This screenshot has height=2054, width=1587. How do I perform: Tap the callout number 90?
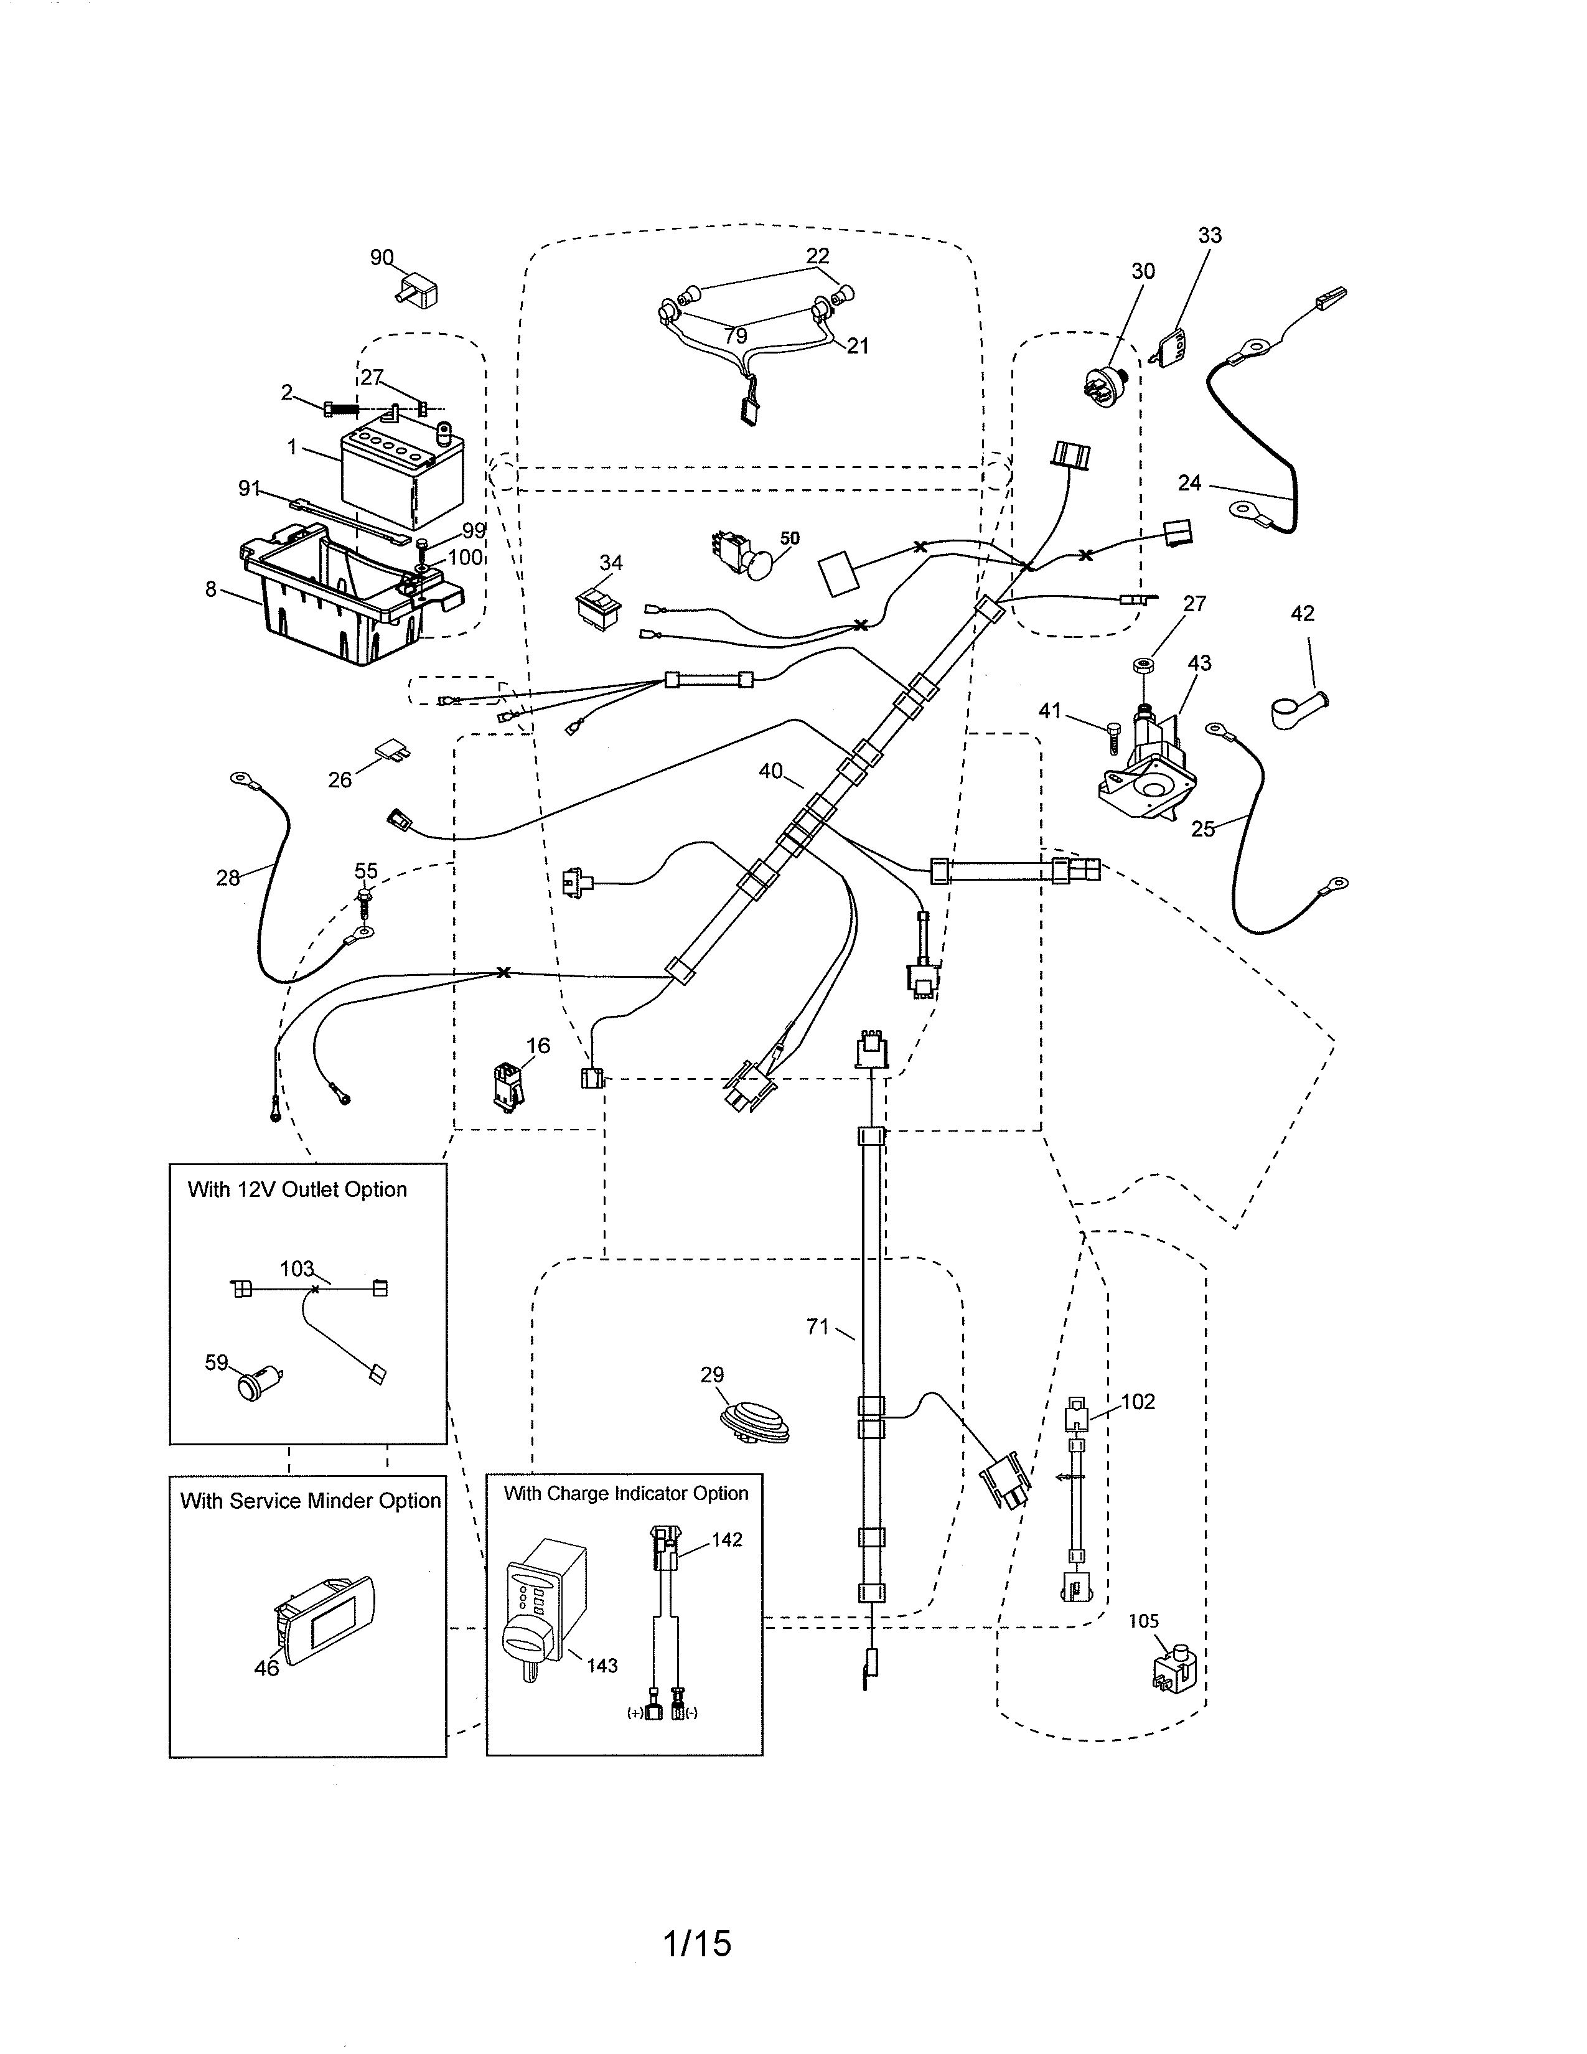coord(381,258)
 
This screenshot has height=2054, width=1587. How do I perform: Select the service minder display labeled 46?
coord(324,1620)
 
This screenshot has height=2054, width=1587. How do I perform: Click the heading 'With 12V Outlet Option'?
coord(297,1189)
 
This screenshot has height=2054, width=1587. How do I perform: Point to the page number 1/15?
coord(696,1943)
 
